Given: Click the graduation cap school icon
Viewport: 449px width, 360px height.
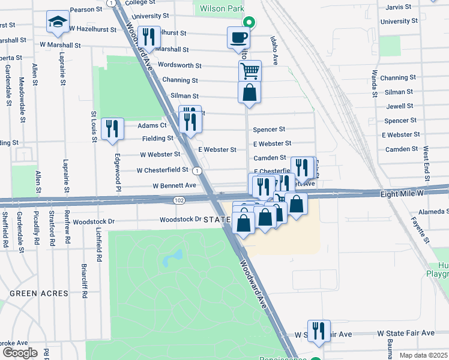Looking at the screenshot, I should (58, 22).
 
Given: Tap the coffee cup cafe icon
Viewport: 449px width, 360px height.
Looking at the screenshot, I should (238, 37).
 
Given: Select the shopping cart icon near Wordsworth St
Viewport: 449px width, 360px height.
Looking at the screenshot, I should (250, 71).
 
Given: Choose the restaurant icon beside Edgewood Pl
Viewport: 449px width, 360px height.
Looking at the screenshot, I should (112, 128).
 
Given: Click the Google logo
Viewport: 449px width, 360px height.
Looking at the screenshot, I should (20, 352).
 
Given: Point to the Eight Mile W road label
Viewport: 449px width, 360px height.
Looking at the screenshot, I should (402, 194).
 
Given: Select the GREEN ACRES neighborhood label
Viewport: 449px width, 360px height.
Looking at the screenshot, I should (34, 293).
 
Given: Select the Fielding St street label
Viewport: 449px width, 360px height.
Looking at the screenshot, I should (158, 138).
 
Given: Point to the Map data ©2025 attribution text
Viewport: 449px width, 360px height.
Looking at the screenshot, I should (423, 355).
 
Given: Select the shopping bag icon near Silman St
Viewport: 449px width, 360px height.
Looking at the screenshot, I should (249, 93).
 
